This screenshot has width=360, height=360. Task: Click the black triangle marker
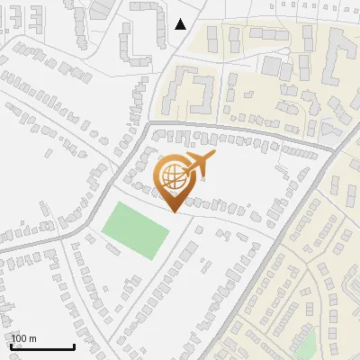click(181, 23)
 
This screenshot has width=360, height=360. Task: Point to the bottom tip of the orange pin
click(174, 212)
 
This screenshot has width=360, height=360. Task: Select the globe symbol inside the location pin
click(172, 175)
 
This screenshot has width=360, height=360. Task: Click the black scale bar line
click(42, 347)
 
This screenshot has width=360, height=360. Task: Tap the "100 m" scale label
click(23, 338)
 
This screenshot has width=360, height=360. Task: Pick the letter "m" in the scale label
click(32, 338)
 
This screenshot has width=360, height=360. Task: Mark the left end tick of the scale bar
click(12, 346)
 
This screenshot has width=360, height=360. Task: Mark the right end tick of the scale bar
click(74, 346)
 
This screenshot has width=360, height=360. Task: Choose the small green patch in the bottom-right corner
click(307, 346)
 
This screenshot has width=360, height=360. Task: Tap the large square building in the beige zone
click(271, 66)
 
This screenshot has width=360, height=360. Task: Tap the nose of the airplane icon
click(215, 156)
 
